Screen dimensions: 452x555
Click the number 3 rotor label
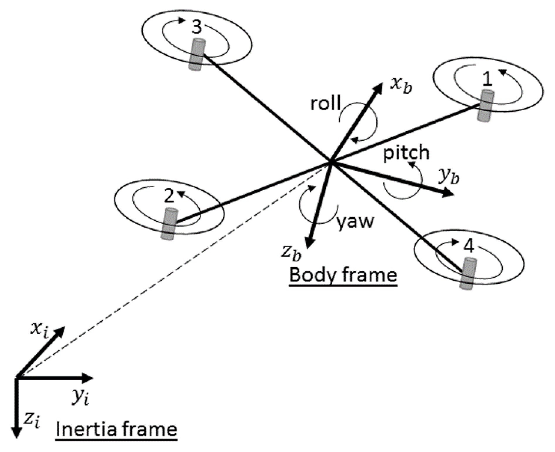(197, 27)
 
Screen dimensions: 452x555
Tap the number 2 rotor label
(169, 196)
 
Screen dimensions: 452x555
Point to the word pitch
(406, 153)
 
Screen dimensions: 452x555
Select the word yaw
(355, 222)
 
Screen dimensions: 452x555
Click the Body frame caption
(343, 275)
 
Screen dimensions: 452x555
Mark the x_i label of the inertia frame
(40, 331)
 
